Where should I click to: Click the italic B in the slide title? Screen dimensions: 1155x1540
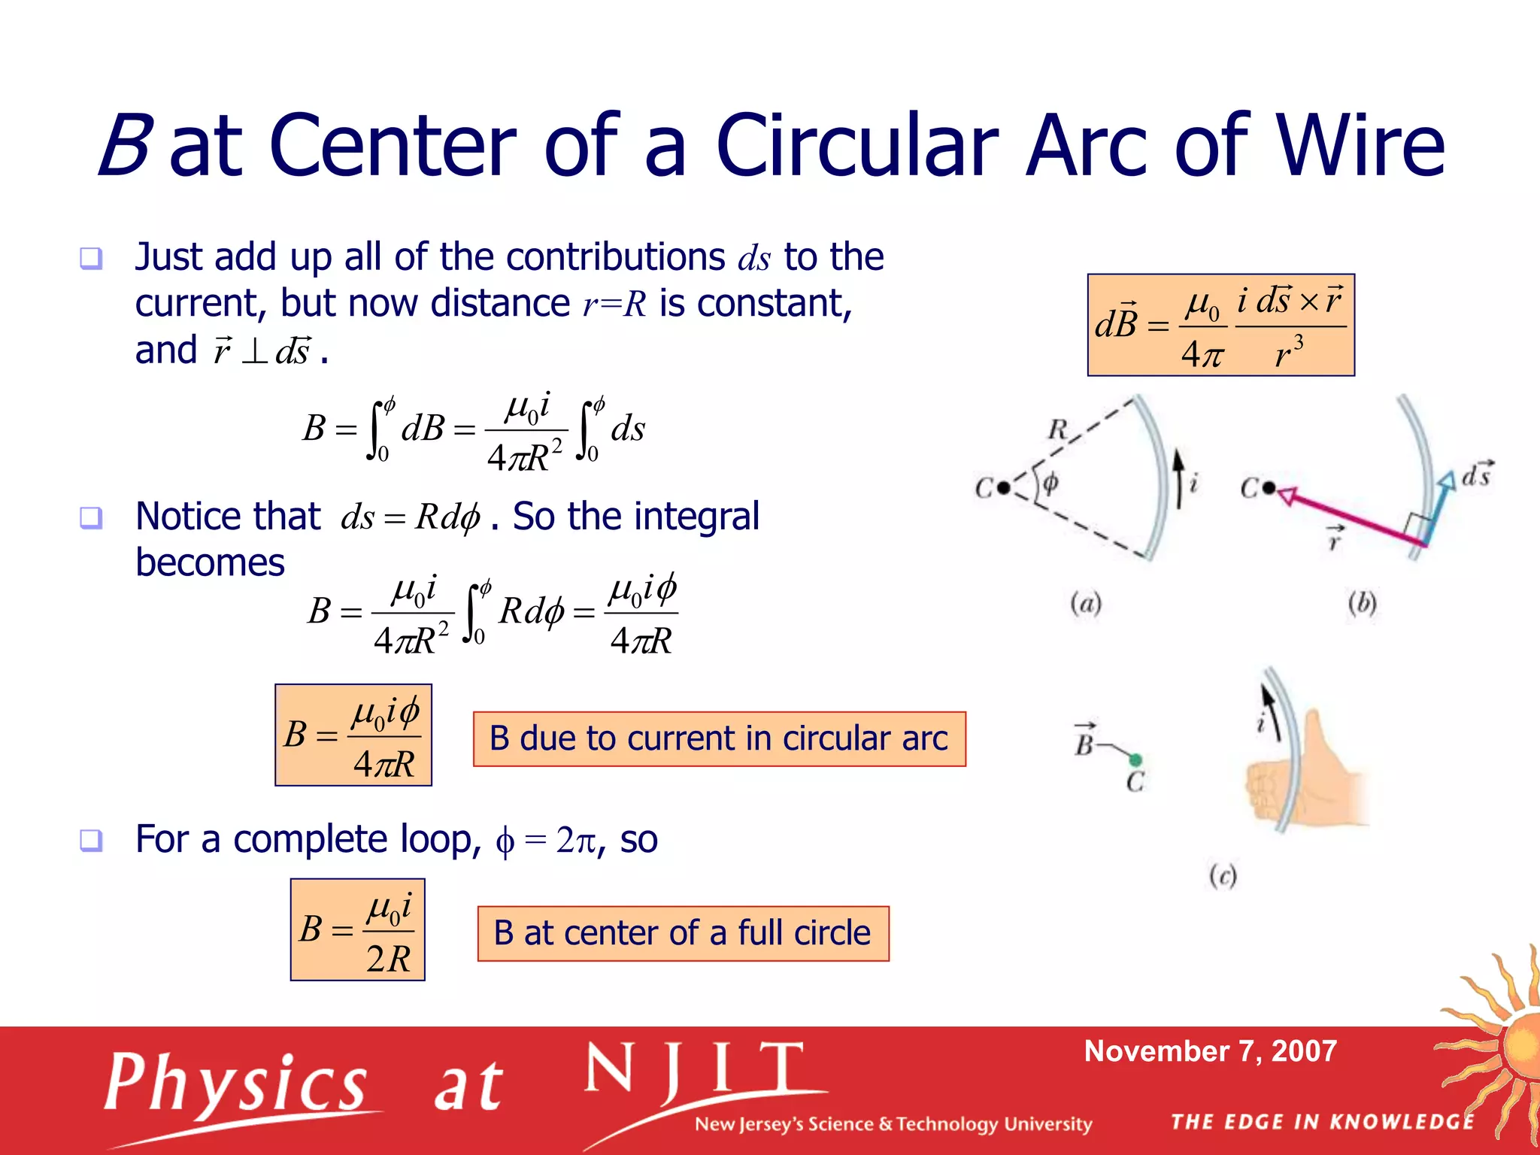click(126, 146)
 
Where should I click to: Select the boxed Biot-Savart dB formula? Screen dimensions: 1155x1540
click(1220, 325)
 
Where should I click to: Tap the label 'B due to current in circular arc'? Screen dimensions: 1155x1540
click(719, 738)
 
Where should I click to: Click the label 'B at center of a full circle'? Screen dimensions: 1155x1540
click(683, 933)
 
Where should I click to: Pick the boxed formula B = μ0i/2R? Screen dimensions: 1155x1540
click(357, 929)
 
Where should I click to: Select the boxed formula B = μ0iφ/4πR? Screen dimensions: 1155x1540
click(353, 735)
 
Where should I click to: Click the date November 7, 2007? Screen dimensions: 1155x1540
click(1210, 1050)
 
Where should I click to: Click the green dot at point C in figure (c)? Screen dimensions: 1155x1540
click(1135, 759)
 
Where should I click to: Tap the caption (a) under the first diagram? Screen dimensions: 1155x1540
click(1086, 603)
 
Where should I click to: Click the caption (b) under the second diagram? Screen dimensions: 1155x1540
click(1362, 603)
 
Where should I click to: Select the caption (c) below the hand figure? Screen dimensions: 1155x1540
click(1223, 876)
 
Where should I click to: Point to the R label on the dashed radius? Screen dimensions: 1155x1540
click(1057, 429)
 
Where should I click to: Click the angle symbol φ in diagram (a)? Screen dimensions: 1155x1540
click(1050, 483)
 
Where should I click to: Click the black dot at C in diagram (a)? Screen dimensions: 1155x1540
click(1004, 488)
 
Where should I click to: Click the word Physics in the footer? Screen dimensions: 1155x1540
click(235, 1083)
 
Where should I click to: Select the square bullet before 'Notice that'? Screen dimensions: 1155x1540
click(91, 517)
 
